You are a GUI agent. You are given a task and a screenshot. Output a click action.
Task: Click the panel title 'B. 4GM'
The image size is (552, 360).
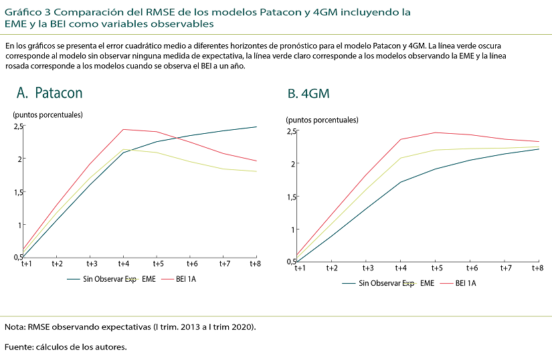point(308,94)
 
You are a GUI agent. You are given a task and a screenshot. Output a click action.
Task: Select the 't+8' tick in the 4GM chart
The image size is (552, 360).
point(537,268)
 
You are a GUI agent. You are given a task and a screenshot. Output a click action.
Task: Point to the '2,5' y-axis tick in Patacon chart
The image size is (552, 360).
point(18,126)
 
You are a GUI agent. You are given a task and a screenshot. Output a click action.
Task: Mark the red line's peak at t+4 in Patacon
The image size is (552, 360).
point(124,129)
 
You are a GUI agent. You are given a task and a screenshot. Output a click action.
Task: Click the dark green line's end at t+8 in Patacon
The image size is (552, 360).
point(257,126)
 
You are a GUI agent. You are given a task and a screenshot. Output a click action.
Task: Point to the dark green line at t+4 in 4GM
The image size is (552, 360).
point(400,182)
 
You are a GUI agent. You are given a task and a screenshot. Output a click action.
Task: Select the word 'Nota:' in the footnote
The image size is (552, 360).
point(15,327)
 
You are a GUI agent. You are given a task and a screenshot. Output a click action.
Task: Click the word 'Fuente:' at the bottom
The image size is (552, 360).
point(19,347)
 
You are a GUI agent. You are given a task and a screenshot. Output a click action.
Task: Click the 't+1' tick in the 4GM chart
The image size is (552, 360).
point(297,268)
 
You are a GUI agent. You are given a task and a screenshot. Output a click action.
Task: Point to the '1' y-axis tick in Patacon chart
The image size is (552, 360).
point(20,225)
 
